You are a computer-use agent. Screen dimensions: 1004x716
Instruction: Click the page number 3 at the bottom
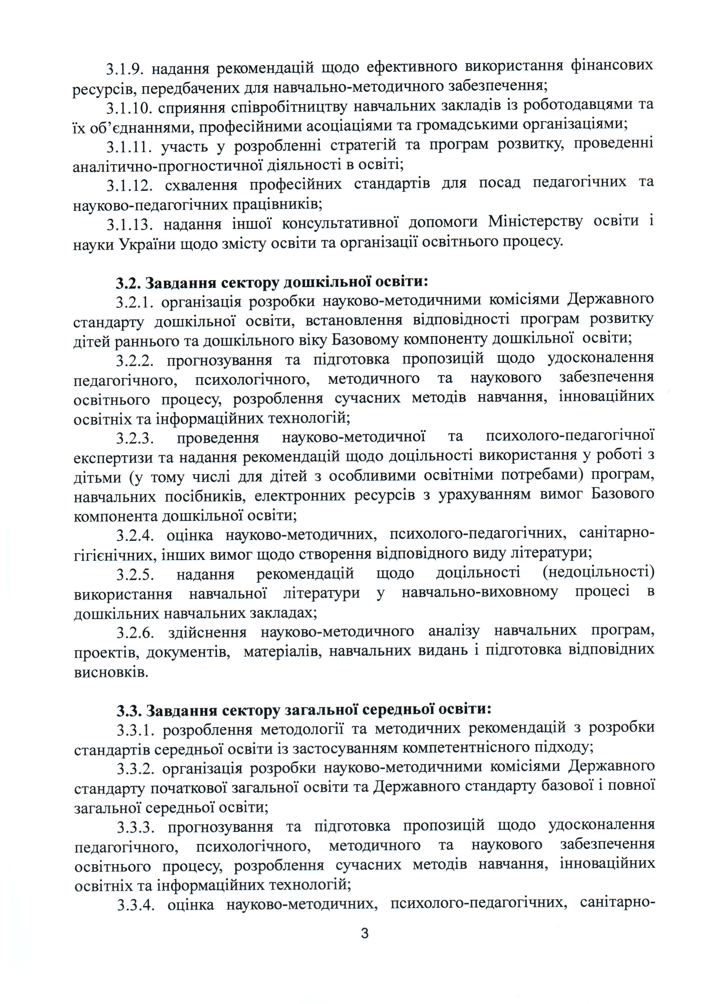click(x=364, y=933)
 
